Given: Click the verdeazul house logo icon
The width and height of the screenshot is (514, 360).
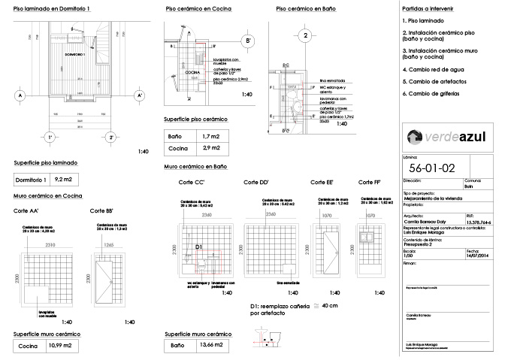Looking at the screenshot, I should click(x=415, y=137).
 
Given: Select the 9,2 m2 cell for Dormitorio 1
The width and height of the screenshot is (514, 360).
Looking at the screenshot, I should click(x=63, y=180).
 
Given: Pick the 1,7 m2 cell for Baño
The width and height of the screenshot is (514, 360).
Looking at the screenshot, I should click(x=212, y=137).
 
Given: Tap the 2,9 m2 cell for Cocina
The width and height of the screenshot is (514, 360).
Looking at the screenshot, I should click(x=212, y=150).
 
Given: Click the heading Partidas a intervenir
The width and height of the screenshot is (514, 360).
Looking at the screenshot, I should click(x=428, y=7).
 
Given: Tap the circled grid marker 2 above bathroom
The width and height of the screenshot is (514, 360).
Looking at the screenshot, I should click(x=306, y=35).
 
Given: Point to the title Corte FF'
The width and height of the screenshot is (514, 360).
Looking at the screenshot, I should click(x=370, y=183).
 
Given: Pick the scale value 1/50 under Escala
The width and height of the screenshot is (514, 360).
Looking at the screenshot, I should click(x=410, y=256).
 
